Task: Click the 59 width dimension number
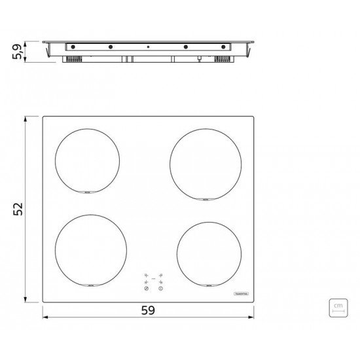pyautogui.click(x=148, y=311)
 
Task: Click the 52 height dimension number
pyautogui.click(x=18, y=208)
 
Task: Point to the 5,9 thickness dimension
pyautogui.click(x=18, y=50)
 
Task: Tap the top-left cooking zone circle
pyautogui.click(x=87, y=160)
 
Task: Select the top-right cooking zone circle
pyautogui.click(x=202, y=162)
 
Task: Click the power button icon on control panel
pyautogui.click(x=160, y=289)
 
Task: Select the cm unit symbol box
pyautogui.click(x=338, y=307)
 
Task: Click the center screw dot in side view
pyautogui.click(x=148, y=47)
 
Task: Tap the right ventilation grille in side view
pyautogui.click(x=223, y=59)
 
